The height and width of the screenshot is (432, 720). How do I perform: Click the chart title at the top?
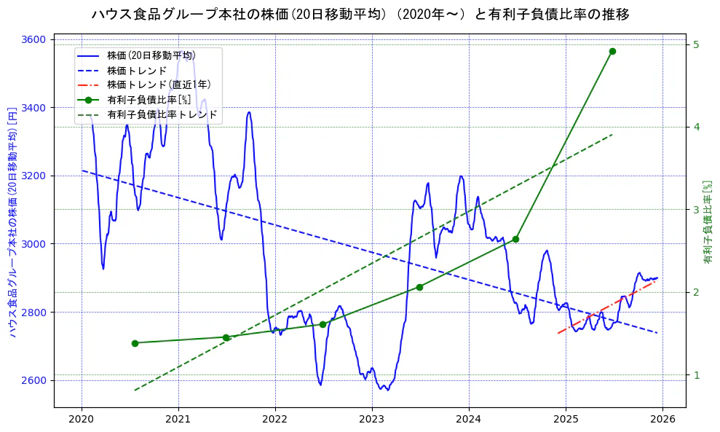tap(360, 14)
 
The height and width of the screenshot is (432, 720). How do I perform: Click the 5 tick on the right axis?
tap(696, 44)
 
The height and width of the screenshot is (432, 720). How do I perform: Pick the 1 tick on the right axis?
tap(696, 375)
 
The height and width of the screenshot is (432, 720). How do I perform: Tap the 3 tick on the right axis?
tap(696, 210)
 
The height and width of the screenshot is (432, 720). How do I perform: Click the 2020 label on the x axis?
tap(82, 419)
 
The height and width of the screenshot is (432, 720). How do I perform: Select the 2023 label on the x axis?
tap(372, 419)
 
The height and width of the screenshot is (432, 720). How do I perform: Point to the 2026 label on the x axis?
tap(662, 419)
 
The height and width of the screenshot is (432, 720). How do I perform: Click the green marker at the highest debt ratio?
tap(612, 51)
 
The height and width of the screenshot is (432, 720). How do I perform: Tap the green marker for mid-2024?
tap(515, 239)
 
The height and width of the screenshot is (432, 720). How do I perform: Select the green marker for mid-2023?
tap(419, 287)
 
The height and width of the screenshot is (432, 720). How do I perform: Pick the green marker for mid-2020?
tap(135, 343)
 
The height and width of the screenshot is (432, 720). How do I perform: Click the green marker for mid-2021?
tap(226, 337)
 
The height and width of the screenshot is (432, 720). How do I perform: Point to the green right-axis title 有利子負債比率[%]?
tap(707, 222)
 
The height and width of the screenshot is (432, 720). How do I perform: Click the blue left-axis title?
tap(12, 222)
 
